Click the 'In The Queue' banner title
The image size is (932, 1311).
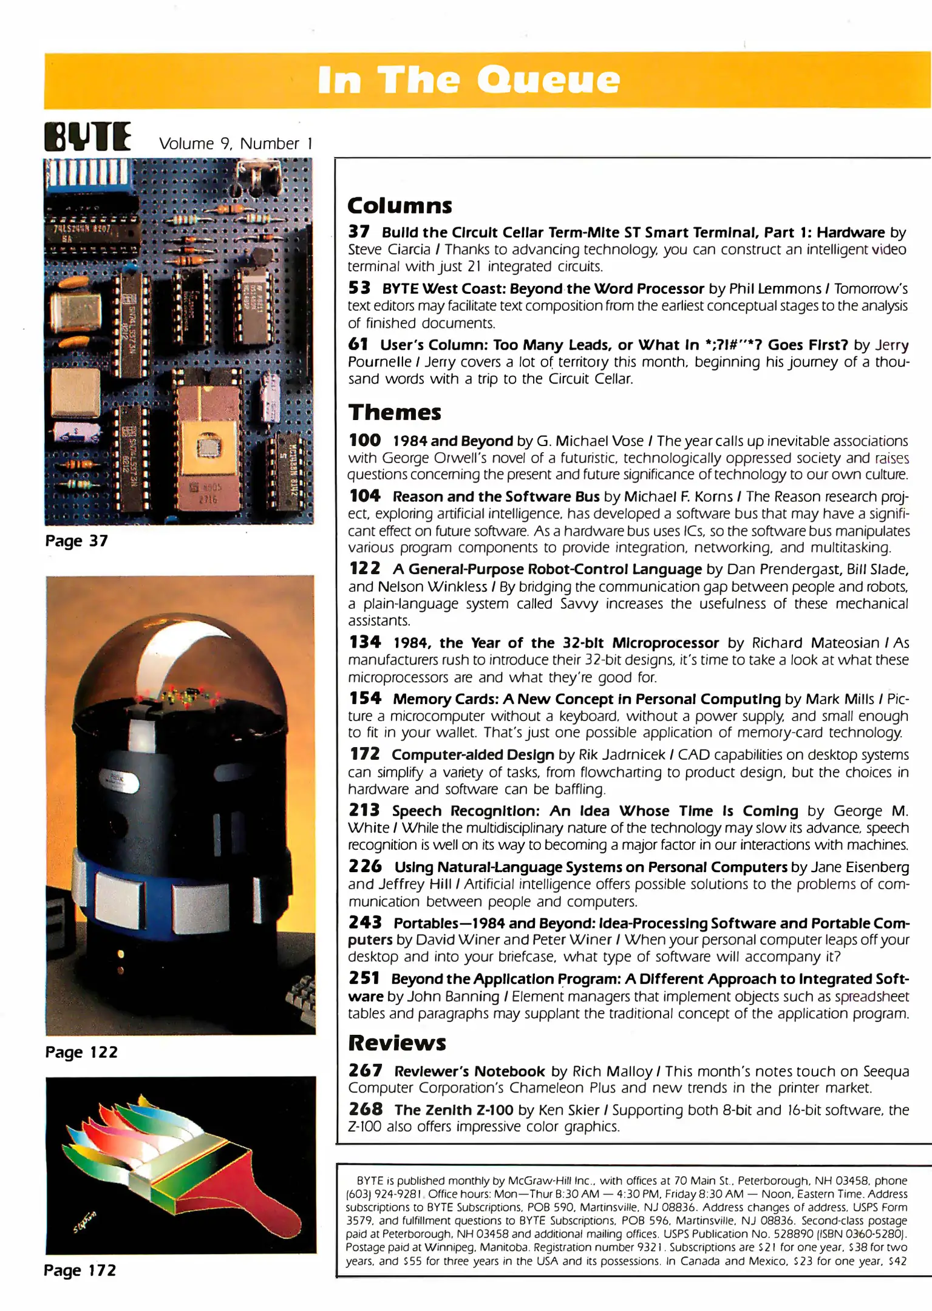469,80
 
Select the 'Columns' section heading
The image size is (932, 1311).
400,206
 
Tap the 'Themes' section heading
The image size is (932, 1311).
395,413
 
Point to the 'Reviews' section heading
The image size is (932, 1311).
397,1043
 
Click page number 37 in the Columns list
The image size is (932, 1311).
359,232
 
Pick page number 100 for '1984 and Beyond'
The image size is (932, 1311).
365,440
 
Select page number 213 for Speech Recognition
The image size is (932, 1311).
364,810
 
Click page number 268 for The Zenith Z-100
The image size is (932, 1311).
366,1109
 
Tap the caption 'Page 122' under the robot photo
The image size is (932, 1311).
81,1052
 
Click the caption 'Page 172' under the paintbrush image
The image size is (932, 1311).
80,1270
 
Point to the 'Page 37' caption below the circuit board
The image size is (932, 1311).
77,541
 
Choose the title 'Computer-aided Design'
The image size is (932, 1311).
472,754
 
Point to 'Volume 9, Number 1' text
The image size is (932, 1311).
236,144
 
